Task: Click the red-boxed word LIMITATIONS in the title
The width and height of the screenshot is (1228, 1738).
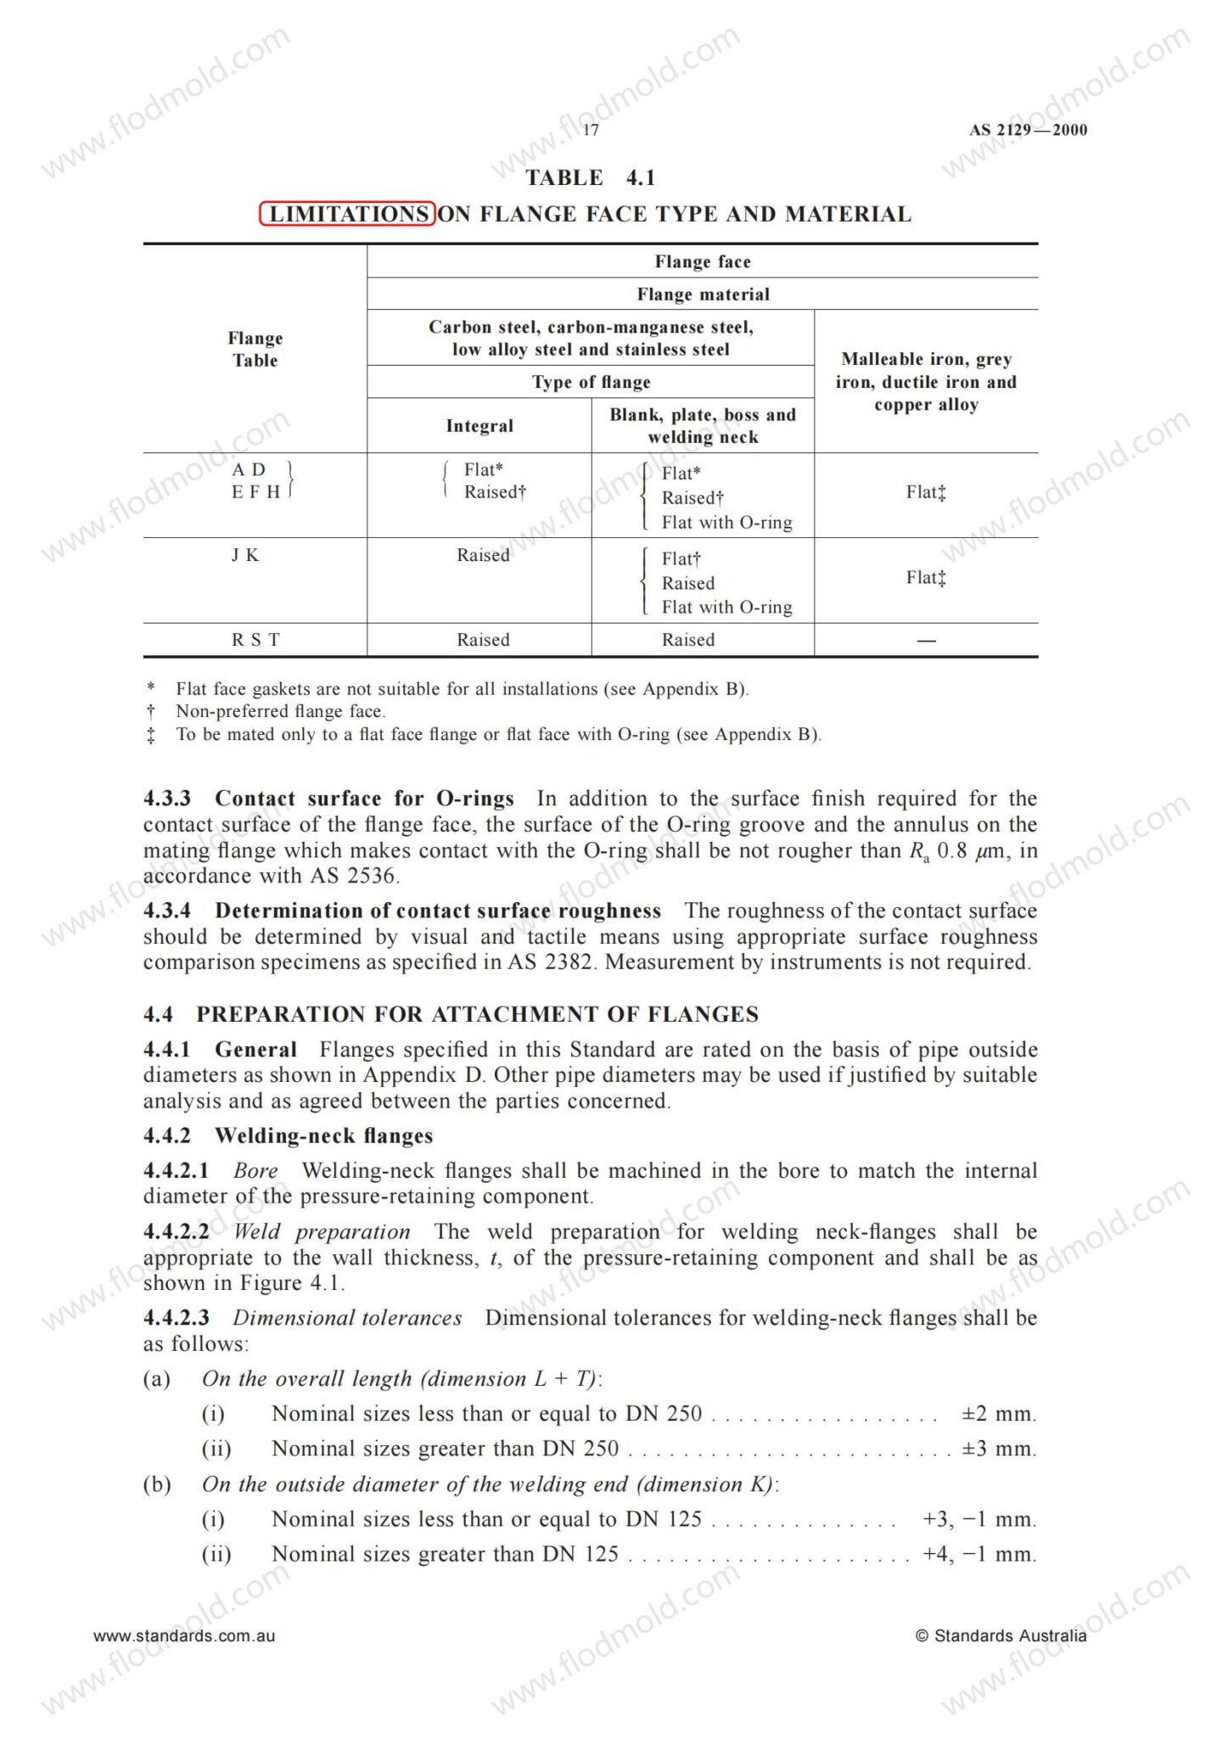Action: (348, 214)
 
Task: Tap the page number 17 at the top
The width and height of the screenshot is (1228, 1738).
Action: (591, 130)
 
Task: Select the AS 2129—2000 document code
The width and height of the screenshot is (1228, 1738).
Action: (1028, 130)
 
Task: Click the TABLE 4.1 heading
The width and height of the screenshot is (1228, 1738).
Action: (591, 177)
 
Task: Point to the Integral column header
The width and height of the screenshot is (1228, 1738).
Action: (479, 426)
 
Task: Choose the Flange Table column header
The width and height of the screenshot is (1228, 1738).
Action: (255, 349)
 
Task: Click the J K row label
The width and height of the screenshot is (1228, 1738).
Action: (245, 555)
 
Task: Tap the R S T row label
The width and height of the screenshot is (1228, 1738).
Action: (255, 640)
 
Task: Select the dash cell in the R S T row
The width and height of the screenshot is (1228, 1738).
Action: (926, 641)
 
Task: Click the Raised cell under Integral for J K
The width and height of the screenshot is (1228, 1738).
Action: (483, 555)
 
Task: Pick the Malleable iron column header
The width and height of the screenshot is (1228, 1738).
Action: (926, 382)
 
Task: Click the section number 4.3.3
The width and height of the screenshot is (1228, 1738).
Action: (167, 799)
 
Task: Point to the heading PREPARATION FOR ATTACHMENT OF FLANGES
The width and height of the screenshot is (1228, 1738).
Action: (477, 1014)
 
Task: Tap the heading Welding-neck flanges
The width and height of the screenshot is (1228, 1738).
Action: (323, 1135)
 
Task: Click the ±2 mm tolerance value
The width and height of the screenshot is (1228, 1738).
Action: (999, 1414)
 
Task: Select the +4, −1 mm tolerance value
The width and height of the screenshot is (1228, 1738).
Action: (979, 1554)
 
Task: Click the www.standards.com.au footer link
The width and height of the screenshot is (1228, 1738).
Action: (184, 1635)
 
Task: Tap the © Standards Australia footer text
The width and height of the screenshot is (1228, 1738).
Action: (1001, 1635)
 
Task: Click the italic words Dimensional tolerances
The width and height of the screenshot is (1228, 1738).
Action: (347, 1318)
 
